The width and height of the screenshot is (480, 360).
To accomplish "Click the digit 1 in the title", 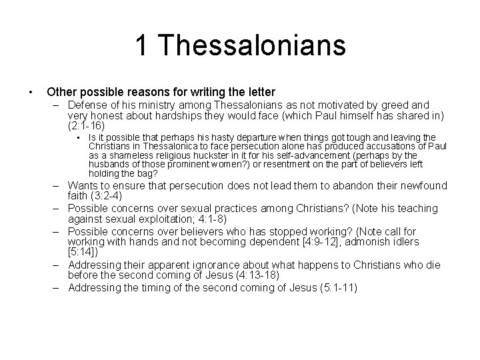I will [141, 46].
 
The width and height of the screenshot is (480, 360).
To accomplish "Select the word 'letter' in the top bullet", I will [258, 91].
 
